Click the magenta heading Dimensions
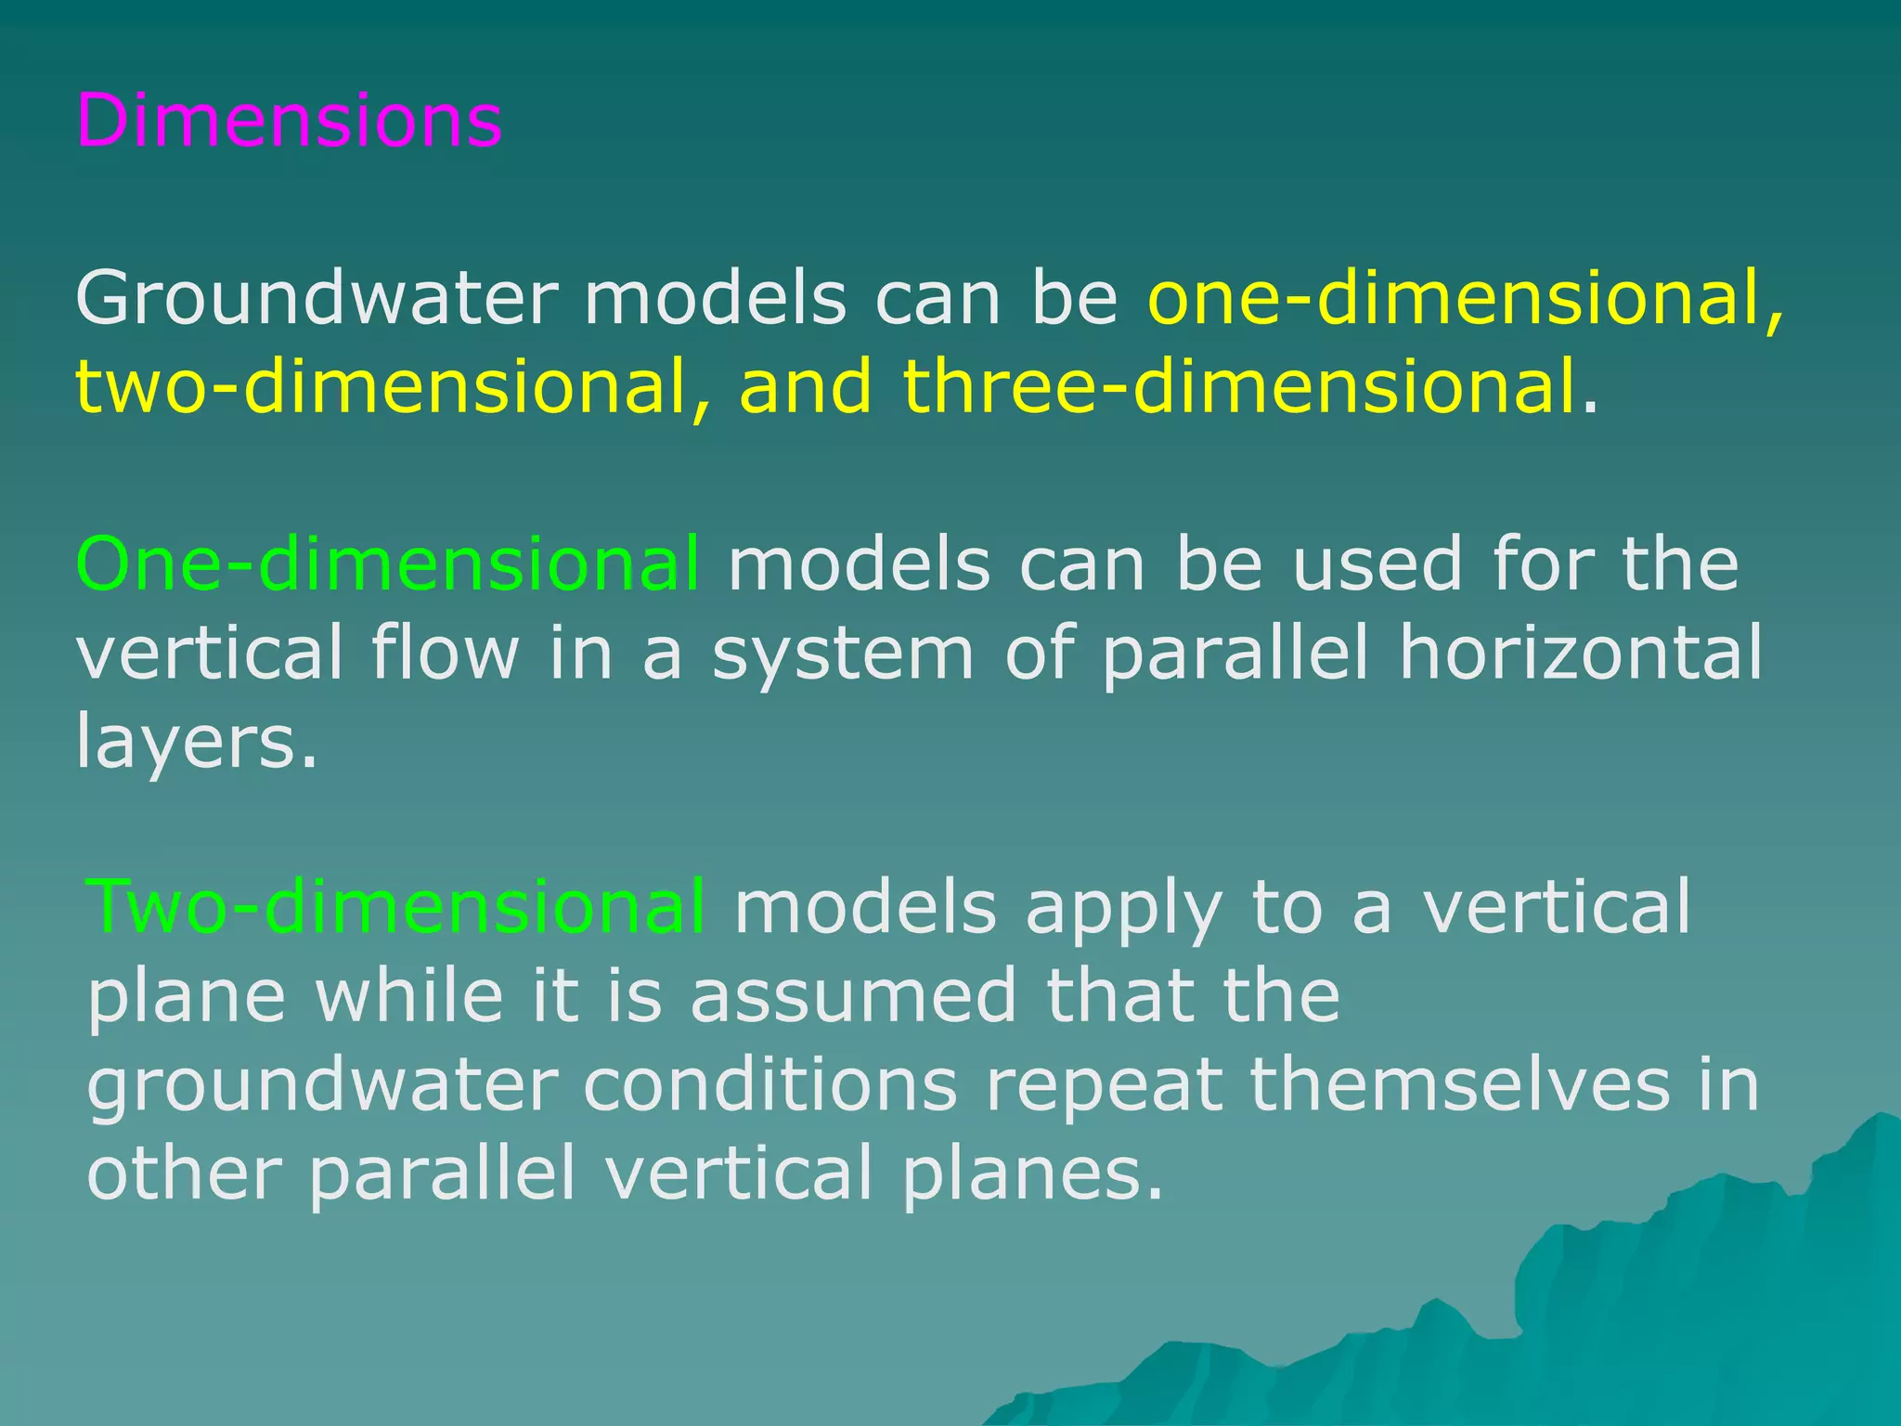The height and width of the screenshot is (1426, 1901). coord(289,121)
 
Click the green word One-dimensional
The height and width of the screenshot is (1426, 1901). coord(387,564)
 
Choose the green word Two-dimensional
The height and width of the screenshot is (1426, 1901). coord(395,907)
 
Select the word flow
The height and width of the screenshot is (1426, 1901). coord(445,652)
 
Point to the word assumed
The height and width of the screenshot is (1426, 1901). coord(853,995)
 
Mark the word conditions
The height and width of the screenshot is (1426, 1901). coord(769,1084)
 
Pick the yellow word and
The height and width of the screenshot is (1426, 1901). coord(806,387)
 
